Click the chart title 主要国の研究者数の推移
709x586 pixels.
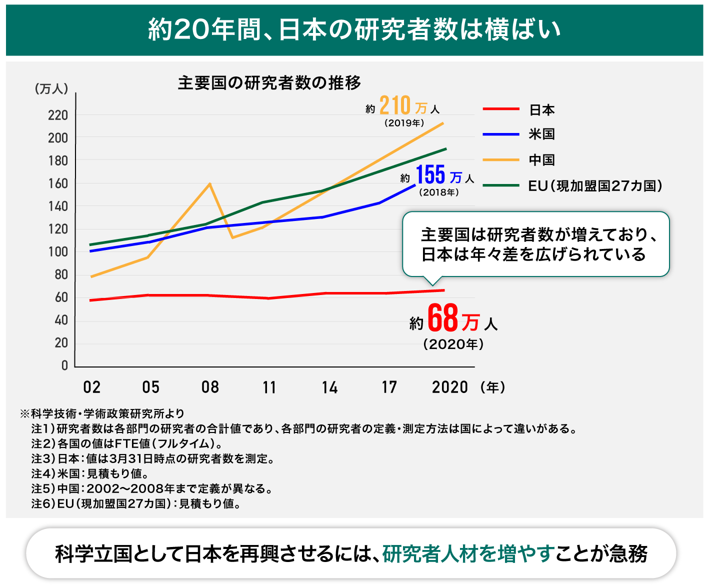[269, 82]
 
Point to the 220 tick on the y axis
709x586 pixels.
[58, 115]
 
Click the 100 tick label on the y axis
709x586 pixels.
[58, 251]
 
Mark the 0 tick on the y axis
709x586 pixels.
[64, 365]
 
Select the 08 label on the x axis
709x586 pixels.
[210, 387]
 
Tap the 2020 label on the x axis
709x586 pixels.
[450, 387]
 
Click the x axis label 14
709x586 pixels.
[329, 387]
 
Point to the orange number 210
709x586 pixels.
[394, 105]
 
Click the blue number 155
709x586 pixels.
[430, 174]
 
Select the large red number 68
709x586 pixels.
[443, 318]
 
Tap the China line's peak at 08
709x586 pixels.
[210, 183]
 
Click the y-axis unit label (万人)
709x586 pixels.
[51, 89]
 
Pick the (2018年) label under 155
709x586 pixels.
[439, 192]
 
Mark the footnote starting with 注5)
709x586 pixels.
[152, 488]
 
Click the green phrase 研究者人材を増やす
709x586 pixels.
[468, 553]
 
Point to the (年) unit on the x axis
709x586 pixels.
[493, 387]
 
